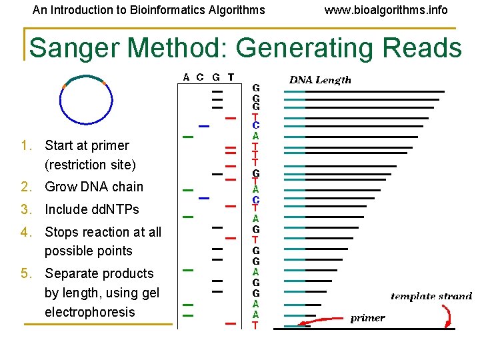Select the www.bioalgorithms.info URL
[x=386, y=10]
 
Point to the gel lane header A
[x=187, y=77]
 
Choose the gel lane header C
[x=201, y=77]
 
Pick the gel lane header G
[x=216, y=77]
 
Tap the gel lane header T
[x=231, y=77]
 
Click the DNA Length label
[x=319, y=80]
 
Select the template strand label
[x=431, y=296]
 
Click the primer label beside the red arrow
[x=367, y=318]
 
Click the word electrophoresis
[x=89, y=312]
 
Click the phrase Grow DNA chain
[x=93, y=187]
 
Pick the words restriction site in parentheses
[x=90, y=165]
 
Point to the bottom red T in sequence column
[x=255, y=325]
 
